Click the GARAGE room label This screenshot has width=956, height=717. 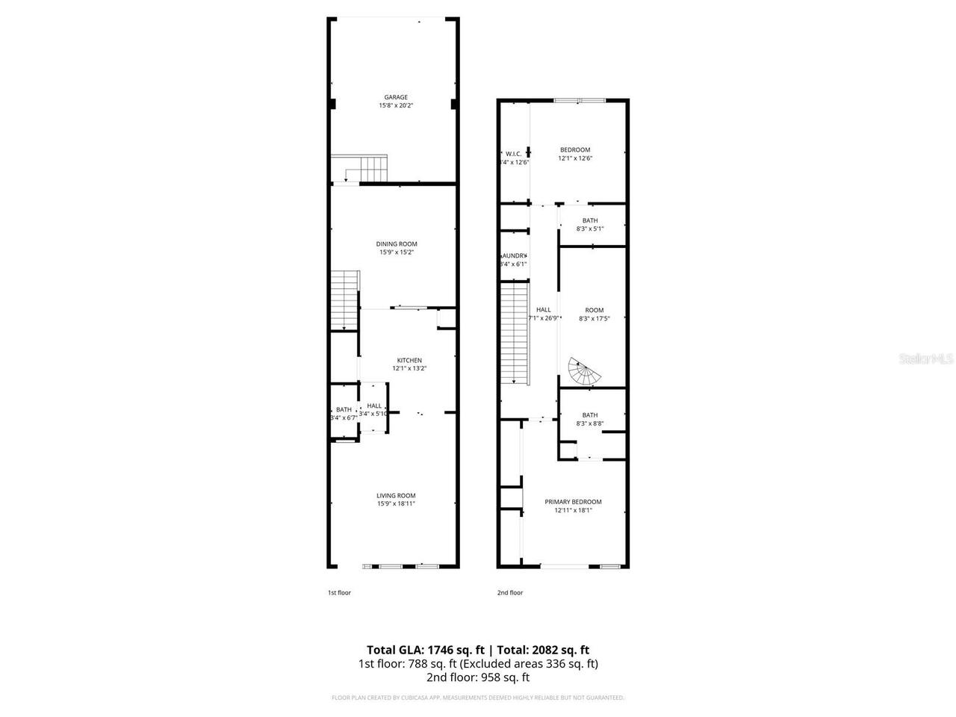click(396, 97)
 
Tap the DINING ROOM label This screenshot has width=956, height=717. click(396, 243)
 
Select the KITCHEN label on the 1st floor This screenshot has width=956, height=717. click(409, 360)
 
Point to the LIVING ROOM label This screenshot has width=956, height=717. click(396, 495)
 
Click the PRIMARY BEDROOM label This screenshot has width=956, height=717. click(573, 502)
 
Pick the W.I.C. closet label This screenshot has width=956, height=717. click(513, 154)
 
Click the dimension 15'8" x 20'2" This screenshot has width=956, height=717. click(396, 106)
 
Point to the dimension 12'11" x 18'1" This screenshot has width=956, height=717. click(573, 511)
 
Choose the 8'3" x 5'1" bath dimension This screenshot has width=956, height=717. click(590, 229)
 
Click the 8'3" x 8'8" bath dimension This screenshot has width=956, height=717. click(590, 423)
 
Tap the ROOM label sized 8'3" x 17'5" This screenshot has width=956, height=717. click(594, 310)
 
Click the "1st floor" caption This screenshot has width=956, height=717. click(339, 592)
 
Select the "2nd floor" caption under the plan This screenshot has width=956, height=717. click(510, 592)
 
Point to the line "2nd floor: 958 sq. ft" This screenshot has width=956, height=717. click(478, 677)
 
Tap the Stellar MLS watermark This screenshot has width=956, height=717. click(926, 359)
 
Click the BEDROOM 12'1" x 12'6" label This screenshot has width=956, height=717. click(575, 149)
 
